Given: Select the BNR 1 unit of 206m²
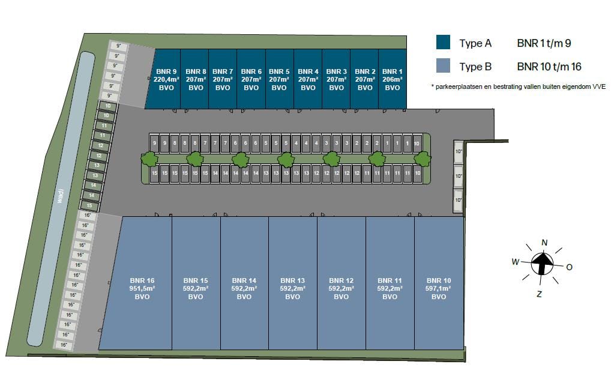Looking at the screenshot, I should tap(392, 79).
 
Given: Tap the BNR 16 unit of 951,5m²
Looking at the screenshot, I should tap(142, 288).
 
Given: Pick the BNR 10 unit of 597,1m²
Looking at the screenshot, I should tap(439, 288).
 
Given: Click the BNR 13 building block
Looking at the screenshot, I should tap(293, 288).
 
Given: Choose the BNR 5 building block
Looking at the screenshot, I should tap(279, 79).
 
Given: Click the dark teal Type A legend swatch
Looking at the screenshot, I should tap(443, 43).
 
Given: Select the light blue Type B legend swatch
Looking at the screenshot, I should tap(443, 66).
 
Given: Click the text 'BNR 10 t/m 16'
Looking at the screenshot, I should tap(549, 67).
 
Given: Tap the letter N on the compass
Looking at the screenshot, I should tap(544, 243).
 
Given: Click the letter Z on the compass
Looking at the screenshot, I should tap(539, 294).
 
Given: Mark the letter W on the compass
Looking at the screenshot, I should tap(515, 261).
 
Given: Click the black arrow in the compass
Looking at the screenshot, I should tap(543, 262).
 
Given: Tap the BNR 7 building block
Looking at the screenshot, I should tap(223, 79).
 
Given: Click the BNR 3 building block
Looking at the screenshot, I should tap(336, 79).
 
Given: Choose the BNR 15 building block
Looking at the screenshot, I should tap(196, 288).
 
